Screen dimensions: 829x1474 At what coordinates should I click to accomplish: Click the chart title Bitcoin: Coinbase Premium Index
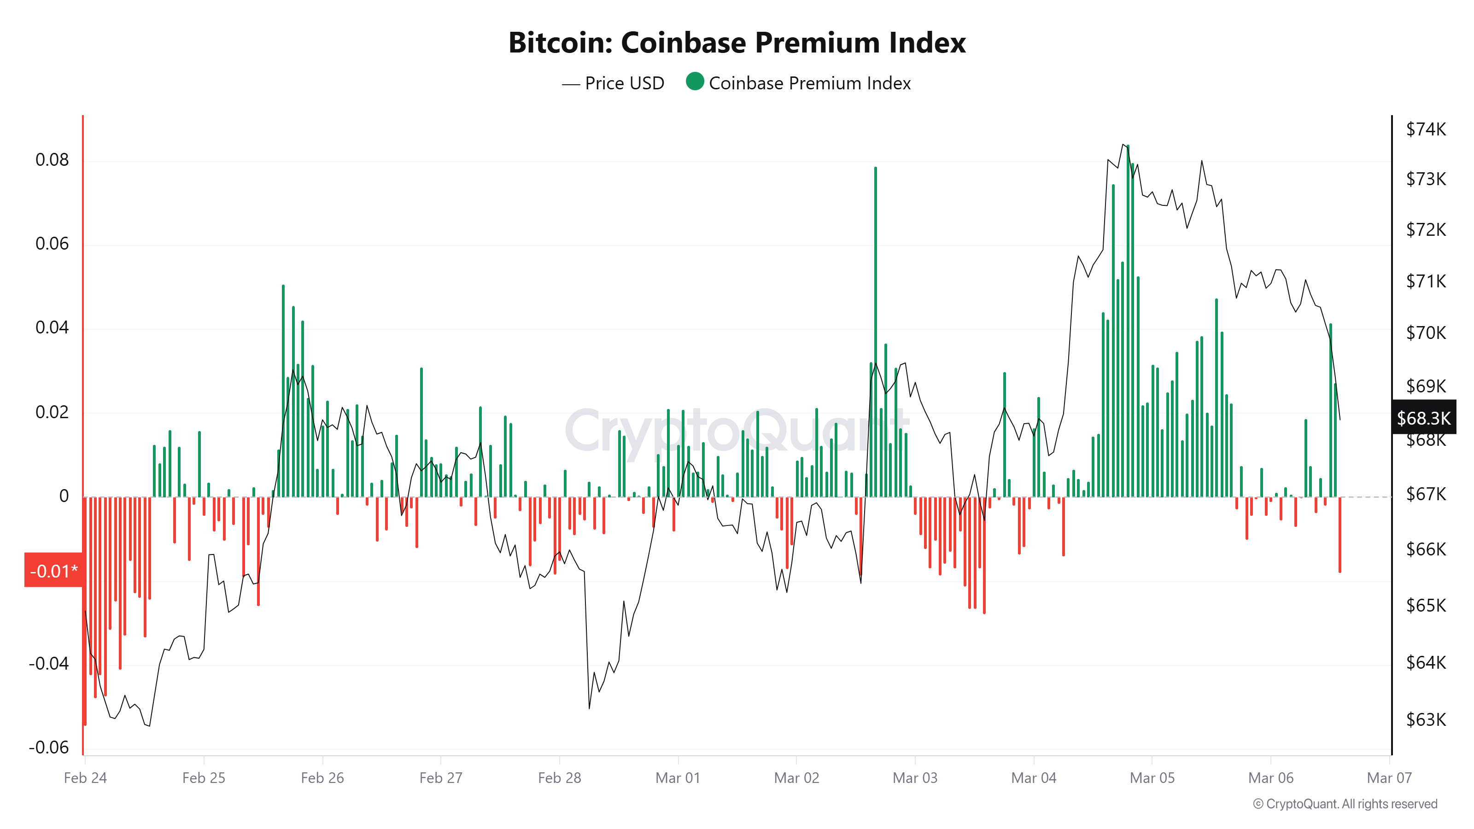click(737, 43)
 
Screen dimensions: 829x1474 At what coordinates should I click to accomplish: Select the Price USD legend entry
click(614, 83)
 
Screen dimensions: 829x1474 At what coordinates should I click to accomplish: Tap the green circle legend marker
click(694, 82)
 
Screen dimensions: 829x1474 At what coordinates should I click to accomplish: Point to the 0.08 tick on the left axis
click(52, 160)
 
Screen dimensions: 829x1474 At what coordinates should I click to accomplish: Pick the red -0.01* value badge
click(53, 571)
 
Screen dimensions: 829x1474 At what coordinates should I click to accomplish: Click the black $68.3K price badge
click(1422, 418)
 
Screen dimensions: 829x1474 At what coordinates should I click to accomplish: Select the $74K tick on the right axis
click(1425, 129)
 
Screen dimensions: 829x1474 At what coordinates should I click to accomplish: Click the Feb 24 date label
click(85, 777)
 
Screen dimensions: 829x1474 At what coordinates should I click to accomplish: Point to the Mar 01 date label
click(678, 777)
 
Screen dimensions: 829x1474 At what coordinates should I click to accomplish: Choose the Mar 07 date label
click(1389, 777)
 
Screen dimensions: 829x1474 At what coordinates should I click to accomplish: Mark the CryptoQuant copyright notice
click(1345, 804)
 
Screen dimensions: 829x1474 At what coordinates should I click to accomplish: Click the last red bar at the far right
click(1339, 534)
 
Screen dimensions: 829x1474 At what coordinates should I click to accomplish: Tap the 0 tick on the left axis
click(64, 496)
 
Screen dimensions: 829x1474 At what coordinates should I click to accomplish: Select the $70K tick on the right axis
click(1425, 333)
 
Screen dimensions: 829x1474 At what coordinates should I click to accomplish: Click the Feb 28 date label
click(559, 777)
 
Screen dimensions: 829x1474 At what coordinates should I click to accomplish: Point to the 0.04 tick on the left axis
click(52, 327)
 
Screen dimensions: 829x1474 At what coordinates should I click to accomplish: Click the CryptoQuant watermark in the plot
click(737, 430)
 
